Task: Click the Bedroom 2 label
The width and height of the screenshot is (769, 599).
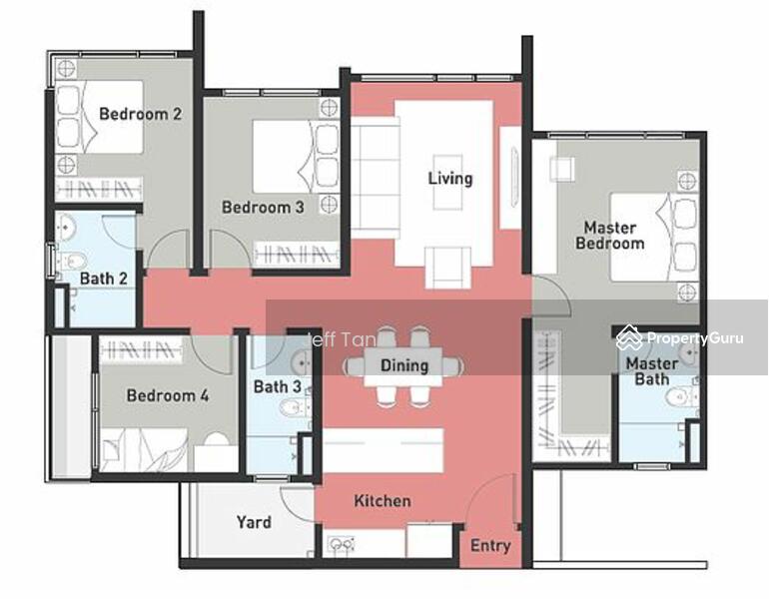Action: tap(140, 114)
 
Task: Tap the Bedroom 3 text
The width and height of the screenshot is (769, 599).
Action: tap(263, 207)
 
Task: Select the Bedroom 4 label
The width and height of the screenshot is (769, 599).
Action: tap(168, 395)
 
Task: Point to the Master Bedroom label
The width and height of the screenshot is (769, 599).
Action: tap(610, 236)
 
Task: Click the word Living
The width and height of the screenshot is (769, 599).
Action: tap(450, 179)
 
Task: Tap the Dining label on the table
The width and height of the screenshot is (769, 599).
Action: tap(404, 365)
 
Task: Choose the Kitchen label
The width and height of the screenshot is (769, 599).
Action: tap(383, 501)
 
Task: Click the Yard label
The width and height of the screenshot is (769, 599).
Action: tap(254, 522)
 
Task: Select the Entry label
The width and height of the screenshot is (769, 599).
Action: tap(490, 545)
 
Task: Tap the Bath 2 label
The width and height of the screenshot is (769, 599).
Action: tap(104, 279)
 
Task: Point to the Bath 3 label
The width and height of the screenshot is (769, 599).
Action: tap(277, 386)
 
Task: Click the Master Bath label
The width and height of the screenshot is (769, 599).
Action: tap(652, 371)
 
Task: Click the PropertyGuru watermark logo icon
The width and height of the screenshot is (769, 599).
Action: tap(629, 337)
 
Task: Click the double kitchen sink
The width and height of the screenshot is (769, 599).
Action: tap(342, 544)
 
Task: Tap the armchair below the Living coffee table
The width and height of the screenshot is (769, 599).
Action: tap(447, 268)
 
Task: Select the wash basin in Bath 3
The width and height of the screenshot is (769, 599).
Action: tap(302, 362)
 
